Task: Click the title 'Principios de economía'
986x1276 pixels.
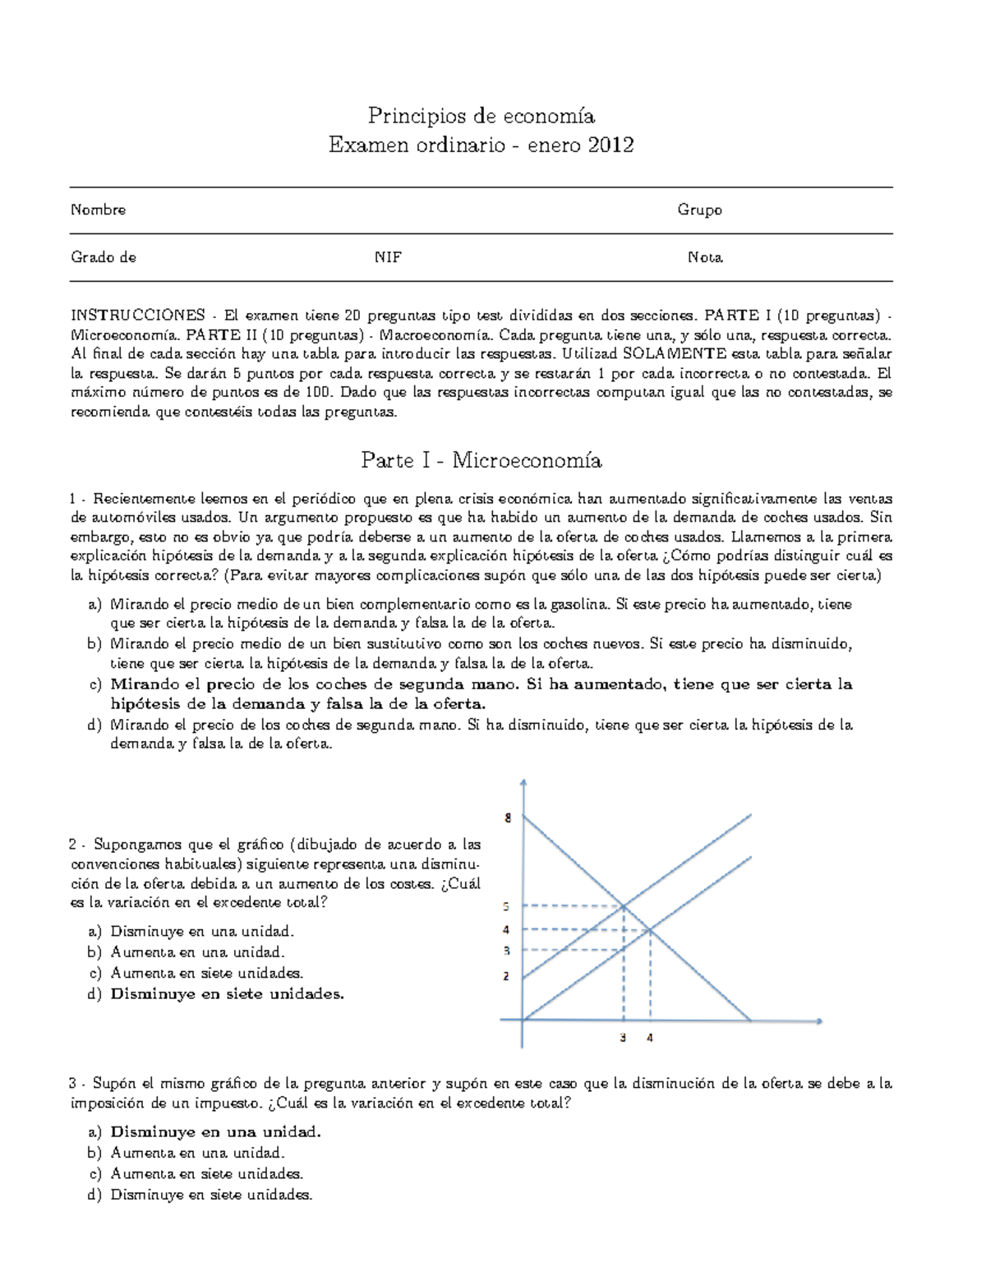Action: pos(481,116)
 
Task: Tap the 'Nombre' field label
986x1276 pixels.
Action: pos(98,210)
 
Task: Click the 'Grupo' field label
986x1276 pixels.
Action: pos(699,210)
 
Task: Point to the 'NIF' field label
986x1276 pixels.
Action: pos(388,257)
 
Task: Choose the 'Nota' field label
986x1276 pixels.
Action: pos(705,257)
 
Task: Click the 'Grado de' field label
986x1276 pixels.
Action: pos(104,257)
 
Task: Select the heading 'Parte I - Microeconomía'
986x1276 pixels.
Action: pos(481,460)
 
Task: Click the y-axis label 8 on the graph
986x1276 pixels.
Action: pos(508,818)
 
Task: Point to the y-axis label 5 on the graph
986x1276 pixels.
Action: pos(506,906)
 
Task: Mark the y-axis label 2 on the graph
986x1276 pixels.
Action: pos(506,976)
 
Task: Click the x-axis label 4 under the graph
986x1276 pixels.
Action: pos(650,1038)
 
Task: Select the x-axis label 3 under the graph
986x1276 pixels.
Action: pos(623,1038)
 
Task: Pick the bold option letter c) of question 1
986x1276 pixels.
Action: pos(94,684)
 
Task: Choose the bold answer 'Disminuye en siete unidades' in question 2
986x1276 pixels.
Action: pos(227,994)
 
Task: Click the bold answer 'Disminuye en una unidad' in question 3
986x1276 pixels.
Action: pos(215,1132)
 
